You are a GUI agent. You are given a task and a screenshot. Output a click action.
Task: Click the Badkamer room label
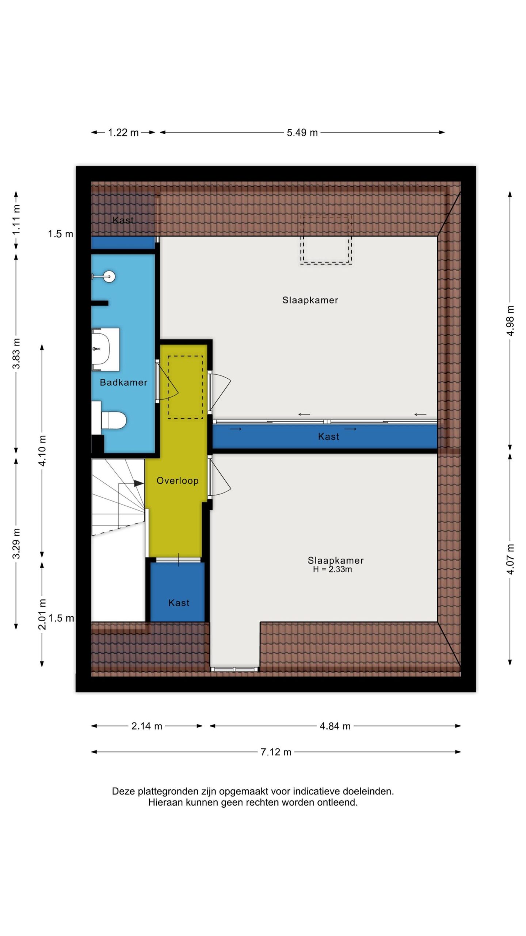click(123, 382)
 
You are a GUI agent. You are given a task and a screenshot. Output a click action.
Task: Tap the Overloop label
click(178, 481)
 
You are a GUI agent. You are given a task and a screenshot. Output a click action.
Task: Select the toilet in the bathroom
click(113, 420)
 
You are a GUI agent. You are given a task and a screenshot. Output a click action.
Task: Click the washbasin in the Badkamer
click(106, 349)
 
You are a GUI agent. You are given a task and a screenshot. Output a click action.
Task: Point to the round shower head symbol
click(108, 276)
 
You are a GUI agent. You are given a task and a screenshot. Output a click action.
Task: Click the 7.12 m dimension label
click(276, 752)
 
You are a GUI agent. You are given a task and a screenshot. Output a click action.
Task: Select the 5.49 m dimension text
click(302, 133)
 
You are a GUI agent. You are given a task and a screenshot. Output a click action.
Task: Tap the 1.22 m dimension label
click(123, 133)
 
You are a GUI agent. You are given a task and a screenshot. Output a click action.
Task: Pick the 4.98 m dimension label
click(510, 321)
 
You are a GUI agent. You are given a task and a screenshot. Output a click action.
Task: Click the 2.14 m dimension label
click(146, 726)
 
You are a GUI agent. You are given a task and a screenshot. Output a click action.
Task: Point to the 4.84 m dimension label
click(335, 726)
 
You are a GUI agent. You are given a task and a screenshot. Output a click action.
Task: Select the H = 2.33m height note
click(332, 569)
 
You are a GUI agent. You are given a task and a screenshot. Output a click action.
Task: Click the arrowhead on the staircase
click(139, 483)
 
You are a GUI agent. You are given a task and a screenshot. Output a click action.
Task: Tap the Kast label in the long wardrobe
click(329, 437)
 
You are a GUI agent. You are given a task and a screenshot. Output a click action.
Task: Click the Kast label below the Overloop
click(179, 603)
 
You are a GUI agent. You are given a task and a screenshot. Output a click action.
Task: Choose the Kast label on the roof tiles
click(123, 220)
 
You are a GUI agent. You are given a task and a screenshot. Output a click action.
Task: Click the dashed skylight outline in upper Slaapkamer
click(326, 263)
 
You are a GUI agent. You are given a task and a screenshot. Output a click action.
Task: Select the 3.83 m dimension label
click(16, 354)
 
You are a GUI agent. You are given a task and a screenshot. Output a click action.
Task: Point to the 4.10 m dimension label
click(42, 451)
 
